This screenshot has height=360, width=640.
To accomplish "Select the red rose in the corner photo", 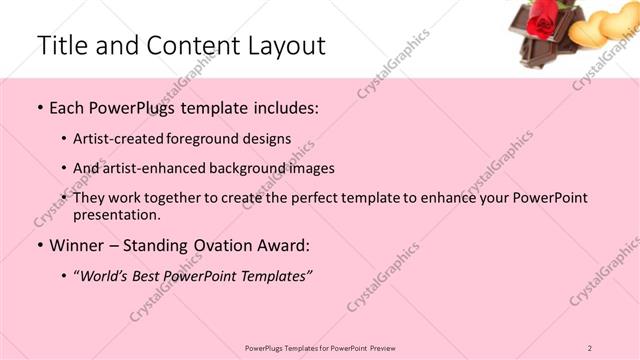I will (x=541, y=20).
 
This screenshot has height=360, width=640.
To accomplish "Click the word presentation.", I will (x=116, y=214).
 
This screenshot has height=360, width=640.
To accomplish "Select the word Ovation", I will (x=233, y=245).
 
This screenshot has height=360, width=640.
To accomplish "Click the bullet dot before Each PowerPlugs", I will (x=39, y=107).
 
